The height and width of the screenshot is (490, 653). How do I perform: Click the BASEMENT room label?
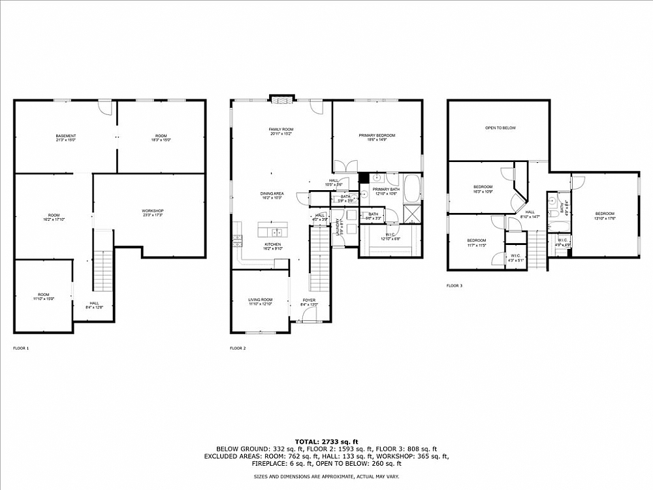click(65, 135)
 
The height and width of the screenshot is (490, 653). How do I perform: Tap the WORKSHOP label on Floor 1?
click(152, 210)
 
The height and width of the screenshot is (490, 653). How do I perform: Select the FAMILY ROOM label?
click(281, 129)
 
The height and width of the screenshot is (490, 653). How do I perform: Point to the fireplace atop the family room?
click(281, 101)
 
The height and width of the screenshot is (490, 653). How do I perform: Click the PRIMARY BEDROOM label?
click(377, 135)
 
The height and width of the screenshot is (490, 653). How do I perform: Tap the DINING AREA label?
click(272, 193)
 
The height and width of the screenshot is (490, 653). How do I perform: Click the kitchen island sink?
click(277, 231)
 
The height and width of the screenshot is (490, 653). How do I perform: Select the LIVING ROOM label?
click(259, 300)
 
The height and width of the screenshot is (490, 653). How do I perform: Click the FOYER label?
click(308, 300)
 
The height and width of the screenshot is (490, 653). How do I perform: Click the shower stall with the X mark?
click(412, 214)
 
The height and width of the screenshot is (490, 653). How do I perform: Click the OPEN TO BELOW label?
click(500, 128)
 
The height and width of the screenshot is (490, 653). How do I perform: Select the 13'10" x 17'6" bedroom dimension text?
click(604, 218)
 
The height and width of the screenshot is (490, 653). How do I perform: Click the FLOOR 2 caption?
click(238, 348)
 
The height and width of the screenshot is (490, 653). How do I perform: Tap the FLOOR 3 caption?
click(454, 286)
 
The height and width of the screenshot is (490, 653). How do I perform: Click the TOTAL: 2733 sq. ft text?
click(326, 442)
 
